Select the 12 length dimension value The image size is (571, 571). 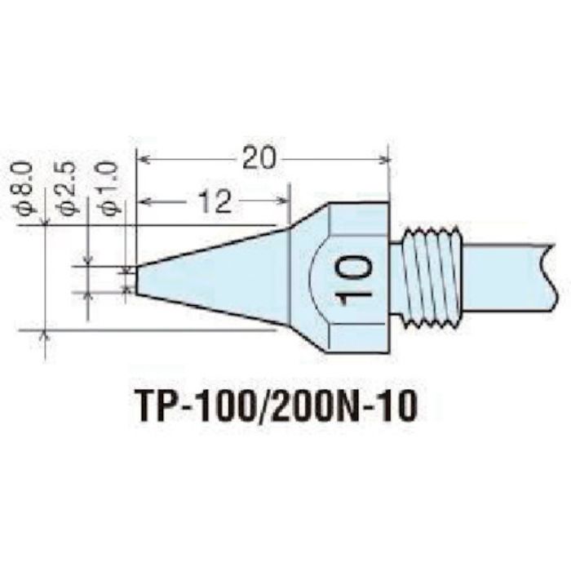coord(212,199)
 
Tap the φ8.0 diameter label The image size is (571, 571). coord(24,188)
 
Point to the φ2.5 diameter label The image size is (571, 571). coord(69,188)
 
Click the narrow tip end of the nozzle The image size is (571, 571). coord(135,278)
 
